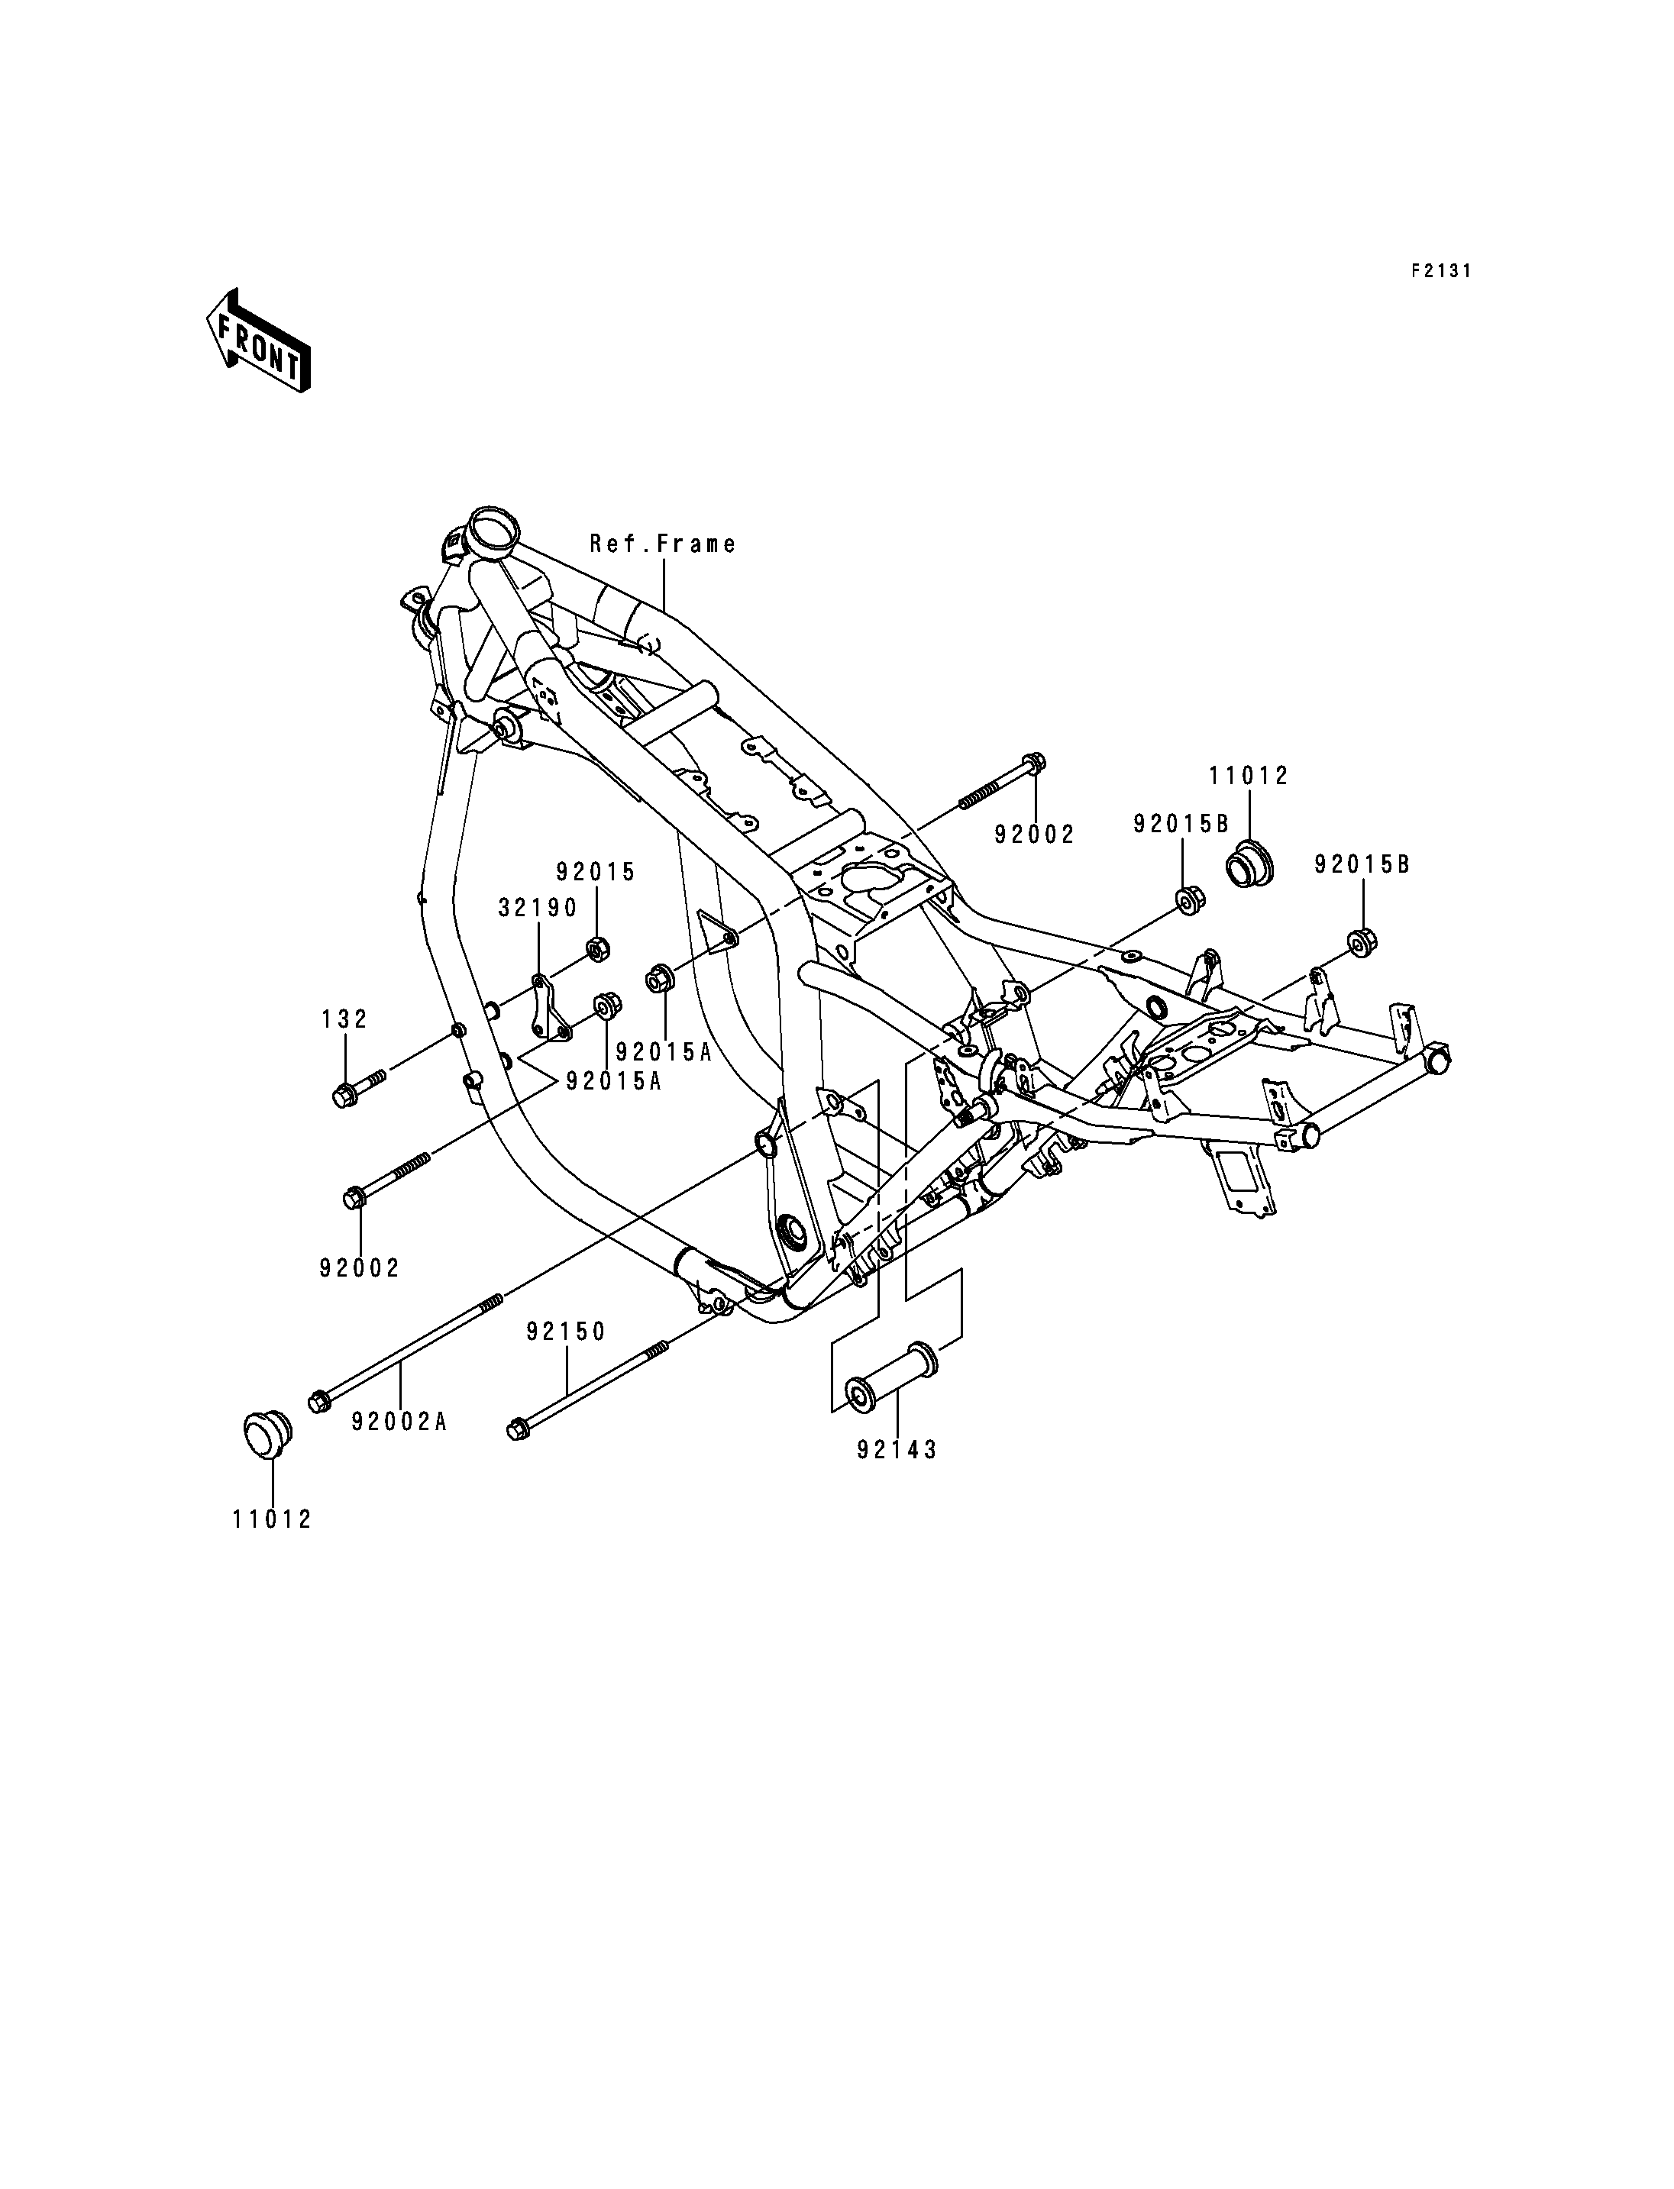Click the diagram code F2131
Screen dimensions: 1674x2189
1440,271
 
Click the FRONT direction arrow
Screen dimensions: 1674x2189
258,341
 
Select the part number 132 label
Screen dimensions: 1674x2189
344,1019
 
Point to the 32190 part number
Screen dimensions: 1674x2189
538,908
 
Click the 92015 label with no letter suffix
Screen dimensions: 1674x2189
596,872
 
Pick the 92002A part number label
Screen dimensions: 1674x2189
399,1422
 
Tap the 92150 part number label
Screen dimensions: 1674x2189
567,1332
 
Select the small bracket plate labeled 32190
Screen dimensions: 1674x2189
549,1009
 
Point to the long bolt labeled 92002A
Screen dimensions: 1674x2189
406,1353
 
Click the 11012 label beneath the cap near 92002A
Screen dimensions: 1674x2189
272,1519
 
